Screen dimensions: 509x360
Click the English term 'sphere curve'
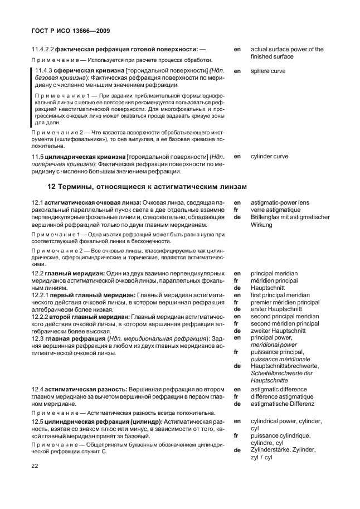(x=268, y=71)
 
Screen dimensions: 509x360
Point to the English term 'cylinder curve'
(x=269, y=157)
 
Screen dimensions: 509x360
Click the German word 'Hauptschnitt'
(x=267, y=288)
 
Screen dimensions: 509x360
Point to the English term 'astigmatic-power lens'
(x=280, y=202)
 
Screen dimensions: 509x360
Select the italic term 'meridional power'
(x=274, y=345)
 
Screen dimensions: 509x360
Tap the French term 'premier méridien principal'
(x=285, y=302)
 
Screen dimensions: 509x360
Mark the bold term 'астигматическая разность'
(x=85, y=388)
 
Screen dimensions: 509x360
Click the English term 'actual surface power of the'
(x=287, y=50)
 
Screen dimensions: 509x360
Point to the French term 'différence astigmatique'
(x=283, y=396)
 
